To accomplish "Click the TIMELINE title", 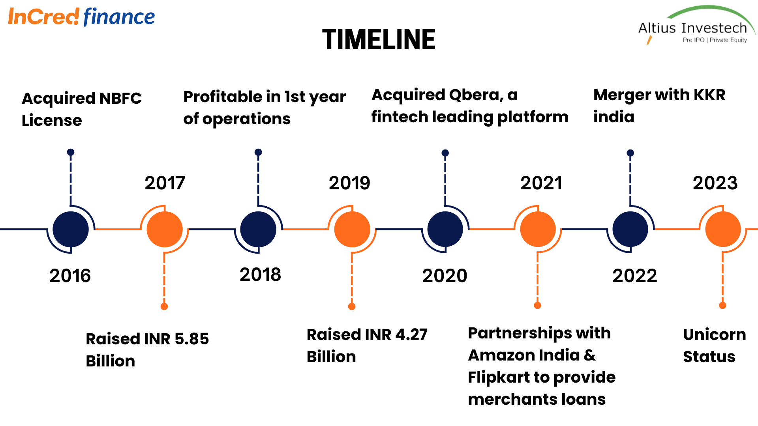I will coord(379,40).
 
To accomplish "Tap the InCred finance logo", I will coord(81,17).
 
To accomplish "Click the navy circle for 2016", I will coord(71,229).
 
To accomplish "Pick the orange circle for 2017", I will coord(164,229).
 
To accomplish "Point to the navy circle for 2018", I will coord(258,229).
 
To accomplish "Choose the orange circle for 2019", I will coord(352,229).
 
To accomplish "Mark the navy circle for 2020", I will coord(445,229).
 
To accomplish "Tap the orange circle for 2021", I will coord(538,229).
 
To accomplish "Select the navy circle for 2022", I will coord(630,229).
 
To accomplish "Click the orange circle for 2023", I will coord(723,229).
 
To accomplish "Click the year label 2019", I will coord(349,183).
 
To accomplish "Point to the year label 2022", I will coord(634,275).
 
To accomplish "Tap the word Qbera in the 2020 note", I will coord(476,95).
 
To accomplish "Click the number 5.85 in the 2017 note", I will coord(191,339).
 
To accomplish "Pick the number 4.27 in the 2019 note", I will coord(411,334).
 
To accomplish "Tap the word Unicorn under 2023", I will coord(714,334).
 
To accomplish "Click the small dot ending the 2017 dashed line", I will coord(164,306).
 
